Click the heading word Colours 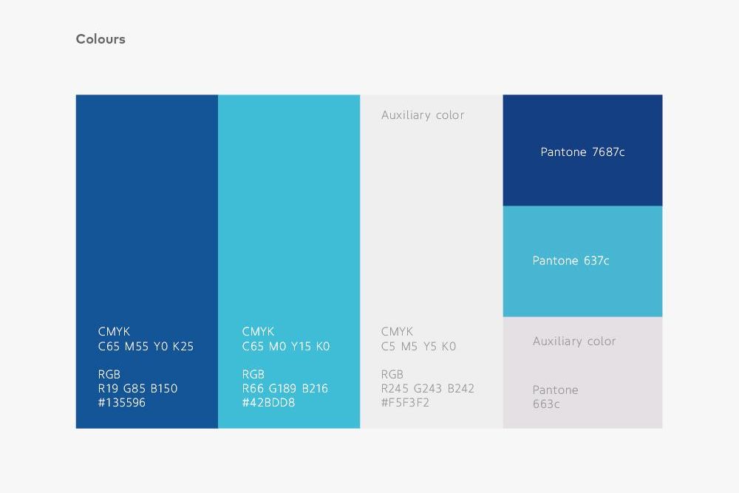(101, 39)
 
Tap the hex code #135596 (122, 403)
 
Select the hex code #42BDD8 (268, 403)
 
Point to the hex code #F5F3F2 (405, 403)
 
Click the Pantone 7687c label (582, 152)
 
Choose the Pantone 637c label (571, 261)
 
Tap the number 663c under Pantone (546, 404)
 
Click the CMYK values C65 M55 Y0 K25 (146, 346)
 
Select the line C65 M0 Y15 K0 (286, 346)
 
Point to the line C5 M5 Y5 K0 (418, 346)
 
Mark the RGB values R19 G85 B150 (137, 388)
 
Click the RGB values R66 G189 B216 (285, 388)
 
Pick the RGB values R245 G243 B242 (428, 388)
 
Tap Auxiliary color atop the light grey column (423, 115)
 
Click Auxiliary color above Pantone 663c (574, 341)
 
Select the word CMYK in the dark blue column (114, 332)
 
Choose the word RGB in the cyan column (253, 374)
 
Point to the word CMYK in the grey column (397, 332)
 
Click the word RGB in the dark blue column (109, 374)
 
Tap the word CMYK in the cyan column (258, 332)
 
